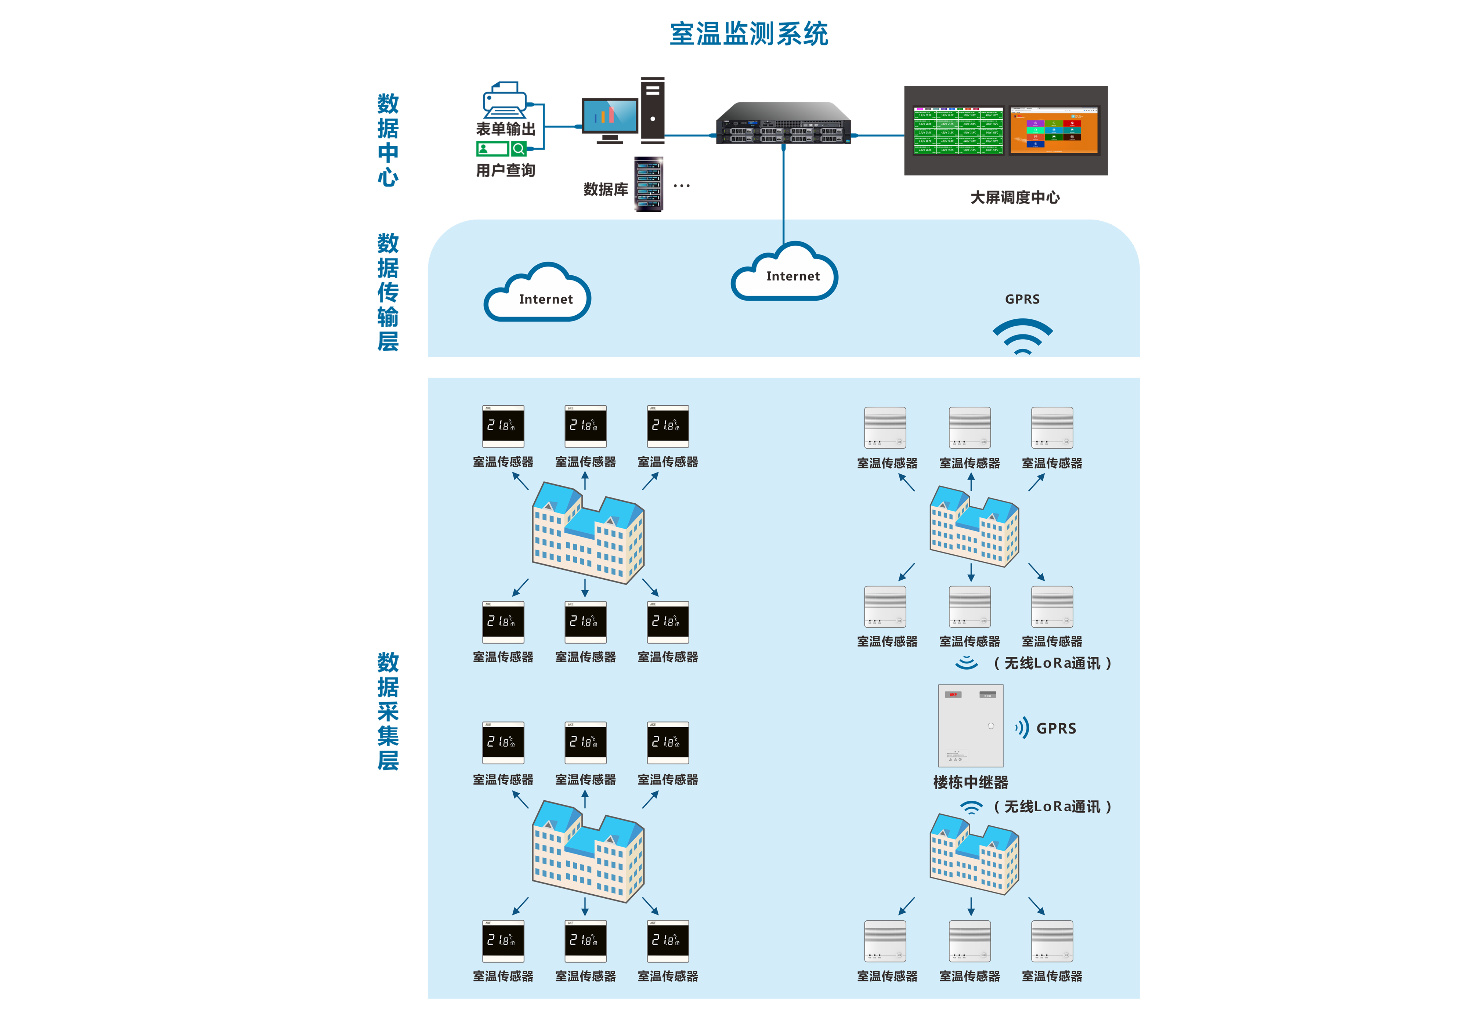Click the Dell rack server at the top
point(783,131)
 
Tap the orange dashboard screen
point(1054,131)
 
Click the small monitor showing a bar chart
point(610,116)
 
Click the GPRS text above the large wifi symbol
point(1022,299)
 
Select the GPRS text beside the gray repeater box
point(1056,728)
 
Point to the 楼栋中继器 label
point(971,782)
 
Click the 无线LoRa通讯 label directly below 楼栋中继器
point(1052,807)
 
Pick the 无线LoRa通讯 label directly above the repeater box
point(1052,663)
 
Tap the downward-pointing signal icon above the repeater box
point(966,663)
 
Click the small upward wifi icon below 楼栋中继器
point(971,808)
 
